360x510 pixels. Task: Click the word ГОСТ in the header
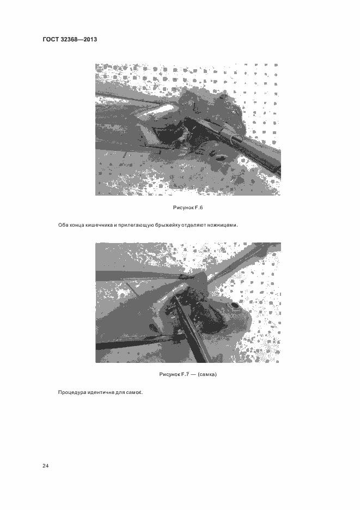(x=51, y=39)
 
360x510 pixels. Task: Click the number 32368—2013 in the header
(x=79, y=39)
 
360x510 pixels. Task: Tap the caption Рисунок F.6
(x=188, y=208)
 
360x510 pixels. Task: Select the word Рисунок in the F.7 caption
(x=169, y=374)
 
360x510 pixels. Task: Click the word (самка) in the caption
(x=207, y=374)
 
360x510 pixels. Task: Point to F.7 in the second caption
(x=185, y=374)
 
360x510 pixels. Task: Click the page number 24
(x=46, y=466)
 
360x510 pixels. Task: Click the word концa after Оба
(x=76, y=225)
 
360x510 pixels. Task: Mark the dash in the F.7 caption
(x=193, y=374)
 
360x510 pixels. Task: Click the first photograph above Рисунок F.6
(x=188, y=130)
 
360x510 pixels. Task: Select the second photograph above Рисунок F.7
(x=188, y=302)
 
